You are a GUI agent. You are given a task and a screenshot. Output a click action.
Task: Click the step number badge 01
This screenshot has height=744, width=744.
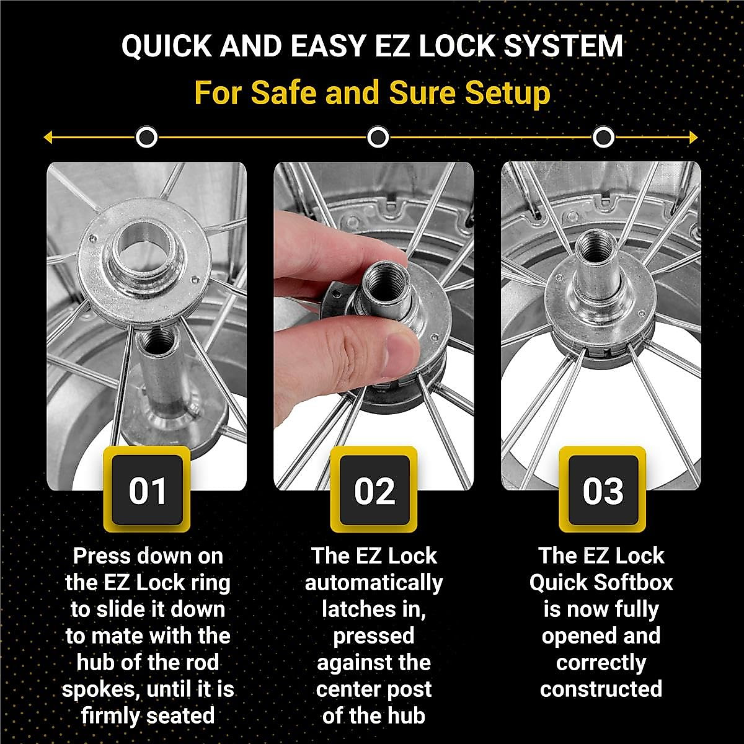[147, 490]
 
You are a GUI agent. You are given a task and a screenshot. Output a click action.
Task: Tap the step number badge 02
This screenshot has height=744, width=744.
[374, 490]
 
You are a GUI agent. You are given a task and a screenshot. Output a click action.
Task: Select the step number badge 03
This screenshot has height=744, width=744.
[602, 490]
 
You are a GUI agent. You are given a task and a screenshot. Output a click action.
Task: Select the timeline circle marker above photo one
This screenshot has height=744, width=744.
[147, 137]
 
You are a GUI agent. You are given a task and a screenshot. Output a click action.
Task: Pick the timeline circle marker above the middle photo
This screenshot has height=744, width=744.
[378, 137]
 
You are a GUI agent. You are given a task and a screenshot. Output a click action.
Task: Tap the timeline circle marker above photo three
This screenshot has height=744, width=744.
[603, 137]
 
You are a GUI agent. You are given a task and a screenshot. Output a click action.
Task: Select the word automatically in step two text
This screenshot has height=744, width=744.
[374, 583]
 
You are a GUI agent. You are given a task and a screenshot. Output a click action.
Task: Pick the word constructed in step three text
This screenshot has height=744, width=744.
[601, 689]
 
